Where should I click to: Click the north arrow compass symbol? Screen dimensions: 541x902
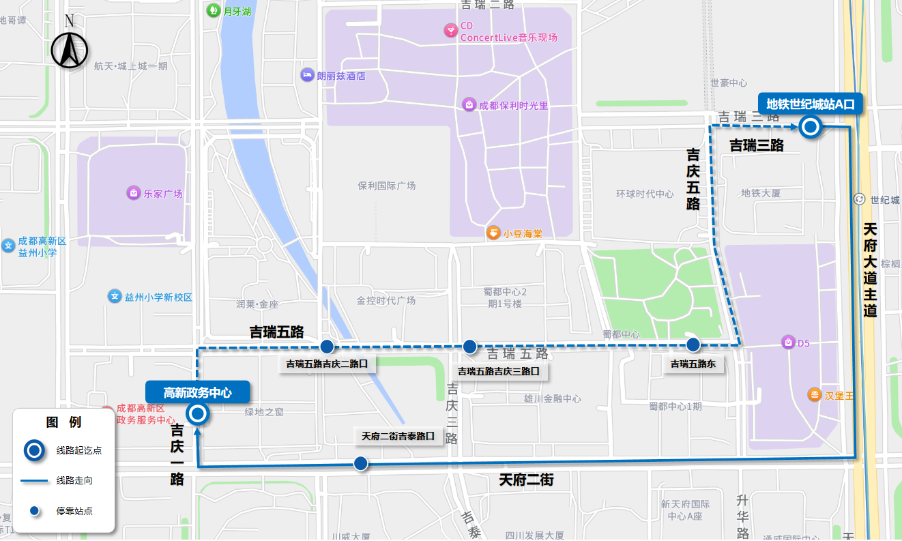tap(70, 47)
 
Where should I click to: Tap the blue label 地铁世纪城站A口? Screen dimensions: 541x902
tap(811, 104)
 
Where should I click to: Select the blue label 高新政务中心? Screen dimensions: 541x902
tap(197, 392)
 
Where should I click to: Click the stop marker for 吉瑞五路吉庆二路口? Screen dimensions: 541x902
tap(327, 346)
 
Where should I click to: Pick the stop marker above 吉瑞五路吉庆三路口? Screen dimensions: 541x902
tap(469, 347)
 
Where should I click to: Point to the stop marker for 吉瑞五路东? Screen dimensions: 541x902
tap(693, 345)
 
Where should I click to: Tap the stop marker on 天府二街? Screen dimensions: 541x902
tap(360, 464)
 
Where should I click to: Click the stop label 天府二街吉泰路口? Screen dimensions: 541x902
tap(398, 436)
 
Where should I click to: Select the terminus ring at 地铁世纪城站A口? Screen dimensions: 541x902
tap(810, 127)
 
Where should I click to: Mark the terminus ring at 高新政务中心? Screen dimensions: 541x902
tap(198, 413)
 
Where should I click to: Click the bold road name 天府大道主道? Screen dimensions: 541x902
tap(869, 269)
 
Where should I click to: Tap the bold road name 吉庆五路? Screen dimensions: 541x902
tap(693, 179)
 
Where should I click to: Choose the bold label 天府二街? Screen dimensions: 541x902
tap(525, 480)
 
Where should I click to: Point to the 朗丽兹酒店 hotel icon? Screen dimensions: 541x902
tap(308, 75)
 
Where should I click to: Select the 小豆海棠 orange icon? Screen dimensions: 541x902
tap(493, 233)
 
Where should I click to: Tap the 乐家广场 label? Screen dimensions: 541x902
tap(163, 193)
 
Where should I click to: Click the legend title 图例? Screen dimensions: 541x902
tap(63, 422)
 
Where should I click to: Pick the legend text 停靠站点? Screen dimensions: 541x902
tap(74, 510)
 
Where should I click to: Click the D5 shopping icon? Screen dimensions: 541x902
tap(788, 342)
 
